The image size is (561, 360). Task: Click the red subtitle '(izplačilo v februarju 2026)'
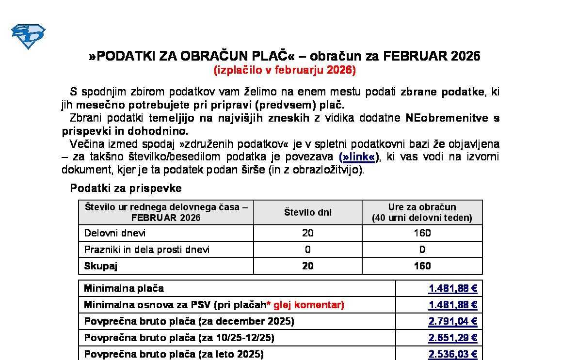(285, 70)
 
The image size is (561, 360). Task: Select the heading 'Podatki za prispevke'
(126, 188)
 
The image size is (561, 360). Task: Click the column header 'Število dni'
(307, 212)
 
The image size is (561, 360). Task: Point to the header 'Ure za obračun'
(422, 207)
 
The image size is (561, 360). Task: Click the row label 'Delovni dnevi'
(115, 233)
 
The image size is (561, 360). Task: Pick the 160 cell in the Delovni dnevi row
(422, 233)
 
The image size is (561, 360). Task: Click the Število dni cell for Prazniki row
(307, 250)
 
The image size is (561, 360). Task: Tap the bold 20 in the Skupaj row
(307, 266)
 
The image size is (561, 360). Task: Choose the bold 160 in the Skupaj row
(422, 266)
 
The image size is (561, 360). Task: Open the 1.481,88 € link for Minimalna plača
(453, 289)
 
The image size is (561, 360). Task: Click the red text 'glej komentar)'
(309, 305)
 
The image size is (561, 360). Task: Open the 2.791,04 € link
(453, 322)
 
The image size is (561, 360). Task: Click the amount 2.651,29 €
(453, 338)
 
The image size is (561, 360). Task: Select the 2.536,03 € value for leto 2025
(453, 354)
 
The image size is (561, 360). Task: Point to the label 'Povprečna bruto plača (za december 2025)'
(189, 322)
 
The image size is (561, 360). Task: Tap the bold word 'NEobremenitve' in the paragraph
(447, 118)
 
